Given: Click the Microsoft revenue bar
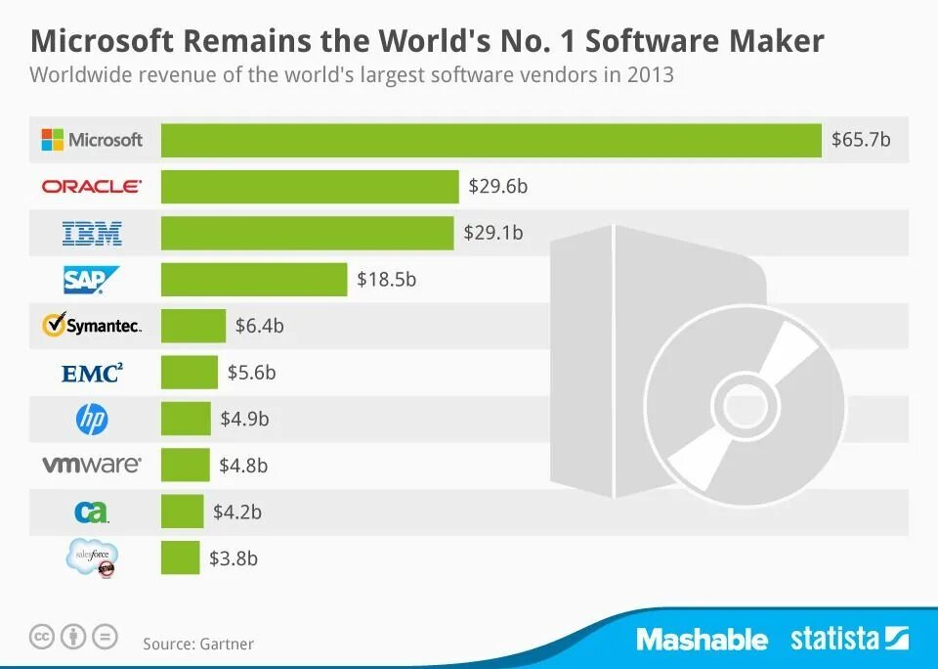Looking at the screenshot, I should (x=490, y=140).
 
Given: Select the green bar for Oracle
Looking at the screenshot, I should (x=310, y=186).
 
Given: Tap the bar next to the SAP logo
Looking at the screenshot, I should (x=254, y=279).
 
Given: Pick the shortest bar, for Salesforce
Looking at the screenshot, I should (x=181, y=558).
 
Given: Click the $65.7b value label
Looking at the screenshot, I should (x=861, y=140).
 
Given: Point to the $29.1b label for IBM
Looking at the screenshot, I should (x=493, y=233).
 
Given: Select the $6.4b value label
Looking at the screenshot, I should (x=259, y=326).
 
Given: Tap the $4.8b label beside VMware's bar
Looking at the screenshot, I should (x=243, y=466).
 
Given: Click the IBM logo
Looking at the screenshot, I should (x=92, y=233).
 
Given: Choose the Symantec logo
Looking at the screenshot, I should (x=92, y=326).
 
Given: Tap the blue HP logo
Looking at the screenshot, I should (x=92, y=420).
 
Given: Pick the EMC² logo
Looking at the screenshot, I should (x=92, y=373).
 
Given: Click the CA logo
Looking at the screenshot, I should (x=92, y=512).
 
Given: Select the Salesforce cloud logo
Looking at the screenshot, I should (x=93, y=557).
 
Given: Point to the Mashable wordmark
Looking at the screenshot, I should (x=702, y=640).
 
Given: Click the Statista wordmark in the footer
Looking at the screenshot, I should (x=834, y=640).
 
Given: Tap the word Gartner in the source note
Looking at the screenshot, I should (x=227, y=644).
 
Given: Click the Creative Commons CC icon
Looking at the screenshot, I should (x=41, y=638).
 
